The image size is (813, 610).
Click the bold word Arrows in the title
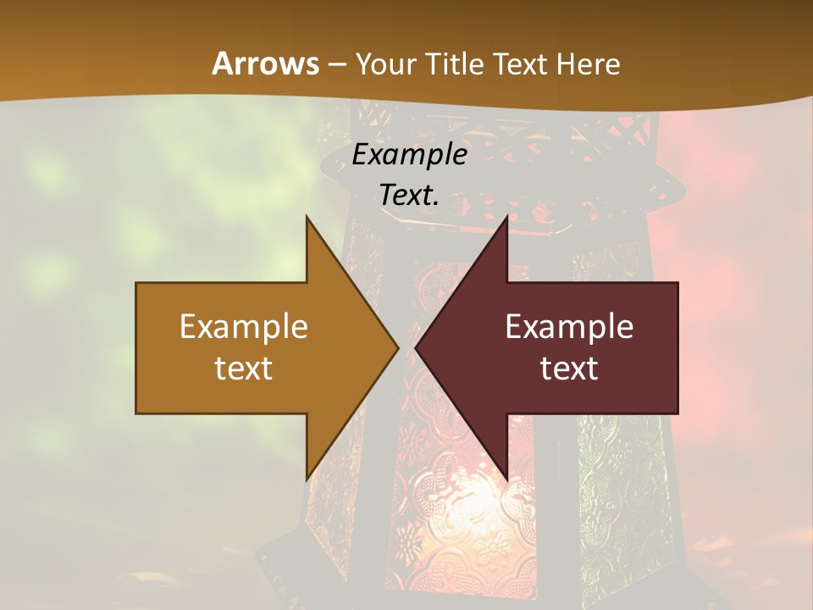[265, 64]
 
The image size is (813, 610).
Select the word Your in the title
[385, 64]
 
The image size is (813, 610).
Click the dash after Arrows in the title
[336, 65]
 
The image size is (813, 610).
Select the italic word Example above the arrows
[410, 154]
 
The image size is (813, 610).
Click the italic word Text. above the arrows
[410, 195]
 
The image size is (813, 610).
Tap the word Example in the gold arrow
[244, 327]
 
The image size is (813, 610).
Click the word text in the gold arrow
[244, 369]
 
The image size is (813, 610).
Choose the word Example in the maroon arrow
[569, 327]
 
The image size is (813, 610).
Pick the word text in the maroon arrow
[569, 369]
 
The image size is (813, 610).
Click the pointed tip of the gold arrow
[397, 348]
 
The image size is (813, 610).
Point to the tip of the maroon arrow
[416, 348]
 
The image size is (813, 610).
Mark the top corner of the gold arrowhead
[307, 217]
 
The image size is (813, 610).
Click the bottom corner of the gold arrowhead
[307, 480]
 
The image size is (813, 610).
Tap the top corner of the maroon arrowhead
[506, 217]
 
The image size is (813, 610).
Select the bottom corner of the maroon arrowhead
[506, 480]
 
